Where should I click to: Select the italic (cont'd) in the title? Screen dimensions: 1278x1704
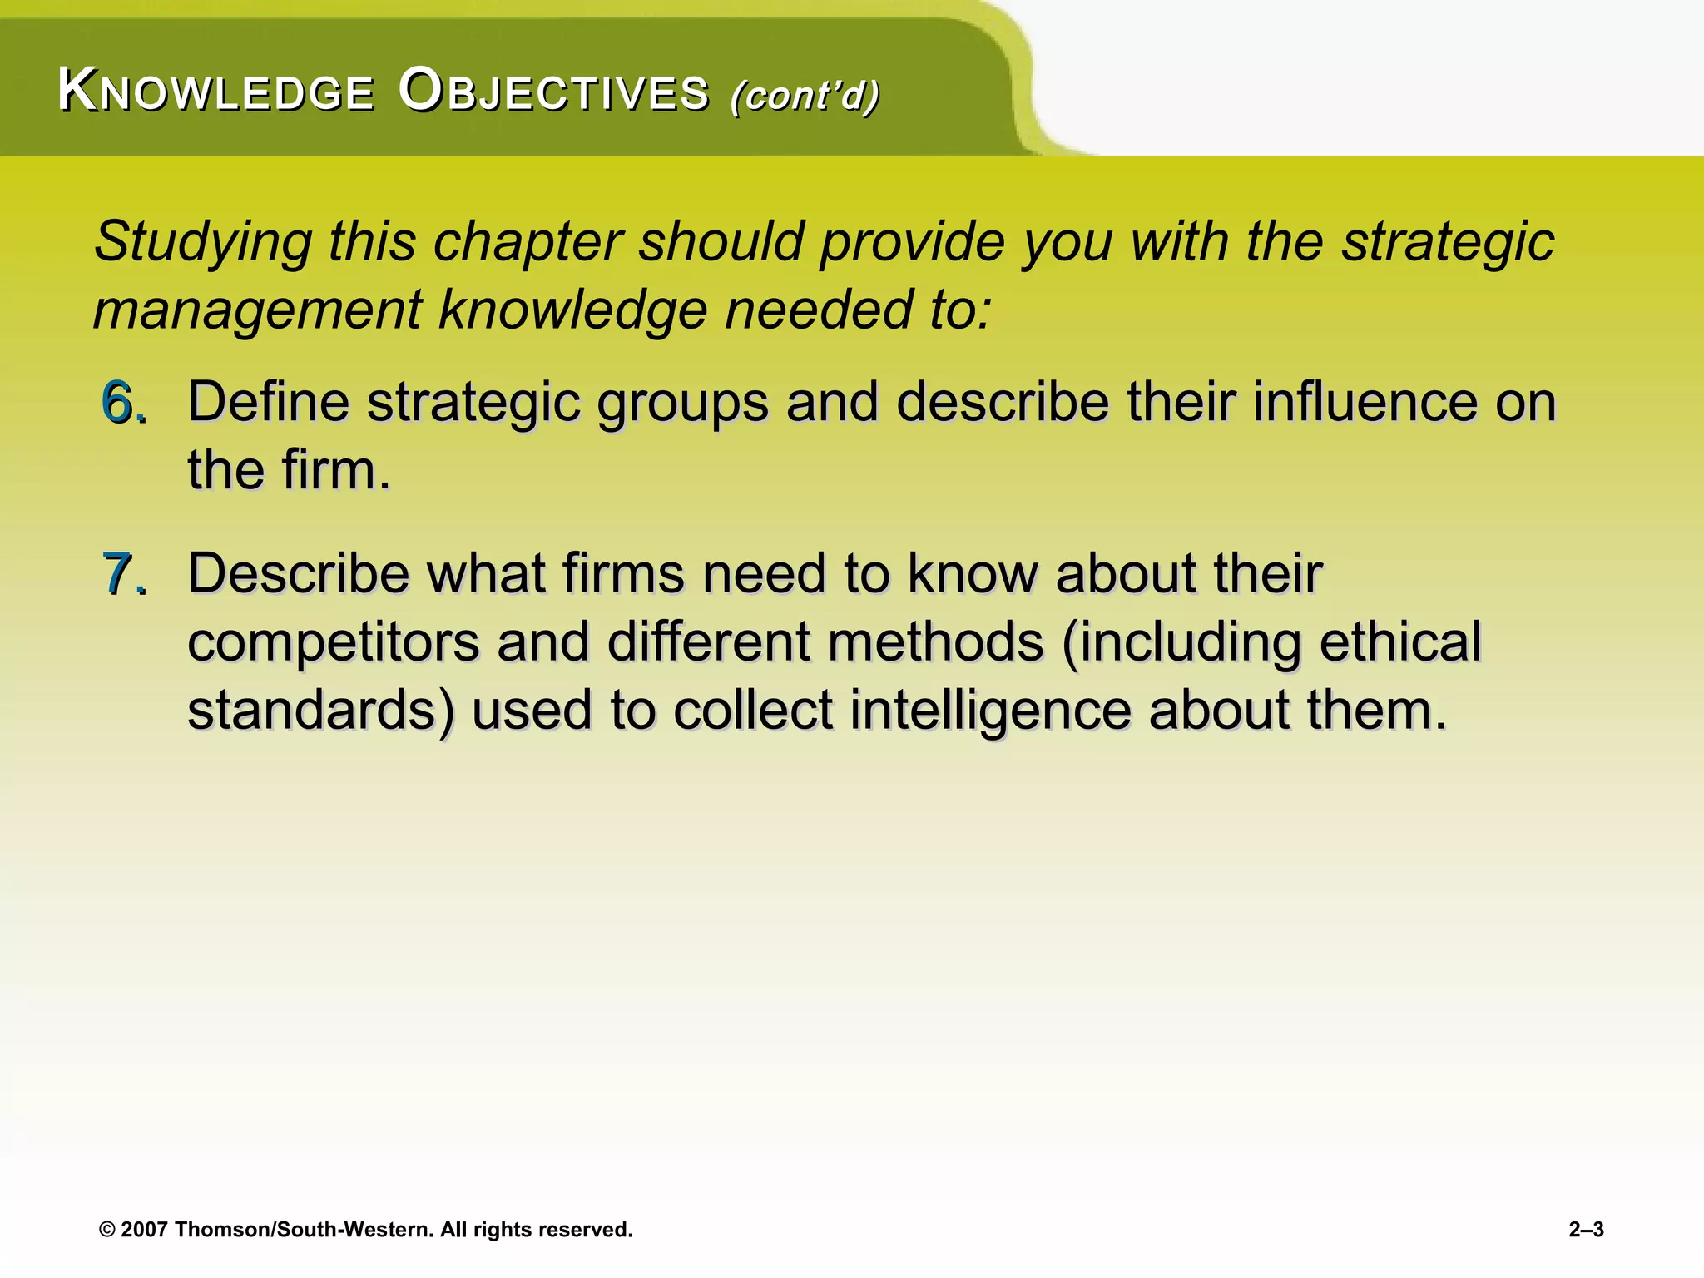point(805,95)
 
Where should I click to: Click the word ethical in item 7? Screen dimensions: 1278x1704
point(1399,641)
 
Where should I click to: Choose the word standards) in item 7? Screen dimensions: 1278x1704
point(321,711)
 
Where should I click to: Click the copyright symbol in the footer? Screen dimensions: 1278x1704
point(106,1230)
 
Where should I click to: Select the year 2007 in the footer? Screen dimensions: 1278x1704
point(145,1230)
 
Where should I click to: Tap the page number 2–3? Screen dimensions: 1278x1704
point(1586,1230)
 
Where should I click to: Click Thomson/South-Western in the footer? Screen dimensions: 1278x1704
point(304,1230)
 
